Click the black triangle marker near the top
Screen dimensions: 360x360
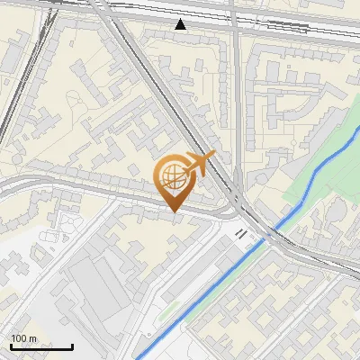(x=182, y=24)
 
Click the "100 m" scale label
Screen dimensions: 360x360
(x=23, y=338)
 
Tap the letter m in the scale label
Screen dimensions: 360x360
(x=32, y=338)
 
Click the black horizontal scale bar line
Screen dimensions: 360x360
(x=41, y=346)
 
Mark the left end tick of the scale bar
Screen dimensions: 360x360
(x=11, y=344)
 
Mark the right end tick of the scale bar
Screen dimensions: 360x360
(x=72, y=344)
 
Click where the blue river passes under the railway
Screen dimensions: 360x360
(x=270, y=231)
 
